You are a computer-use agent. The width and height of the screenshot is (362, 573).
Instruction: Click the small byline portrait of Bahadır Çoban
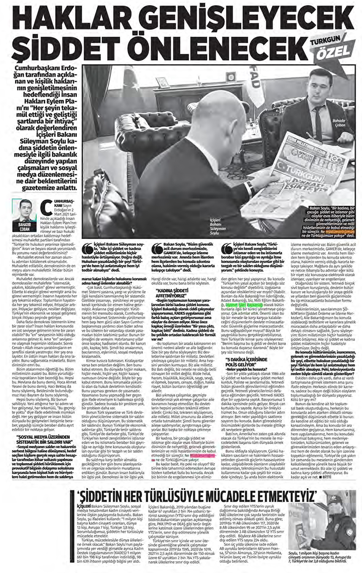25,211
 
